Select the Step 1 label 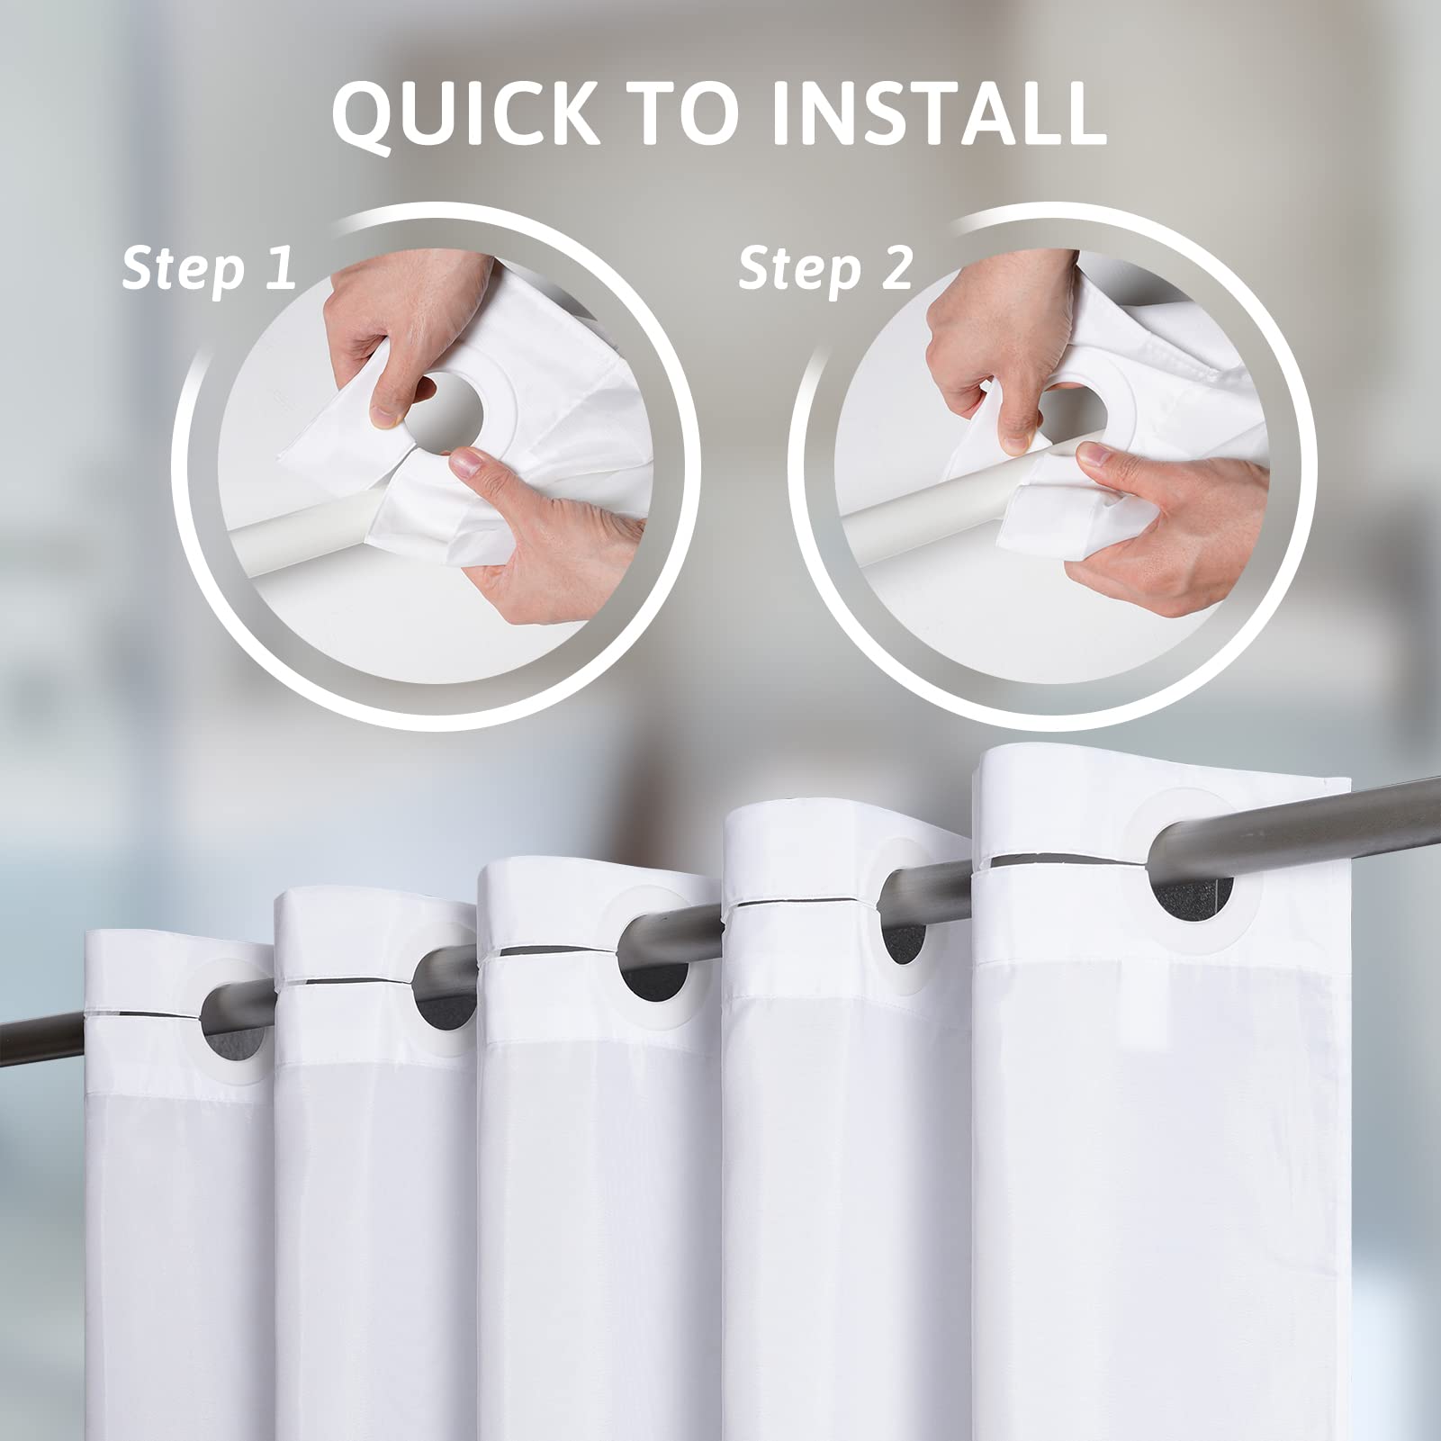coord(209,267)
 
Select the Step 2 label coord(825,267)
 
